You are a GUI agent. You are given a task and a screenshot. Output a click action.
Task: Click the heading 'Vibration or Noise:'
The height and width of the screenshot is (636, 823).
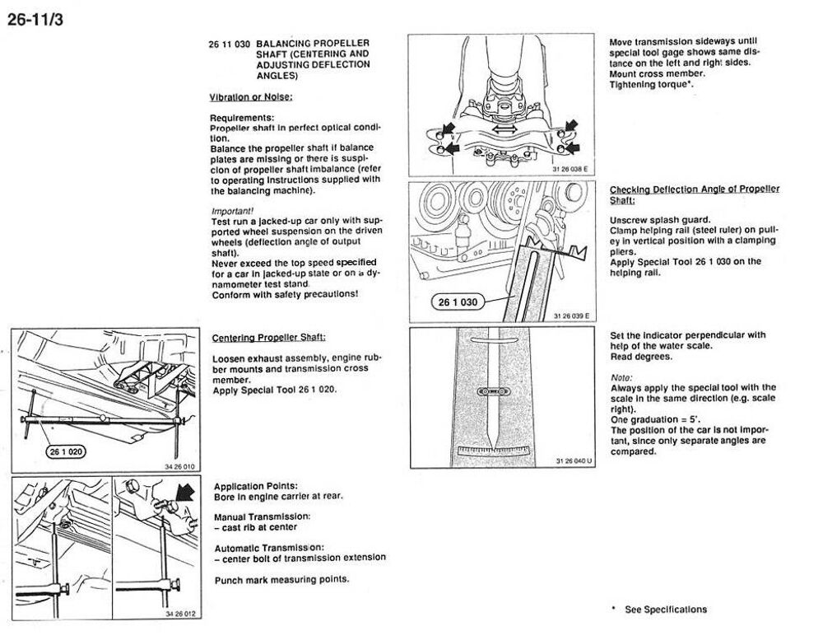(x=251, y=97)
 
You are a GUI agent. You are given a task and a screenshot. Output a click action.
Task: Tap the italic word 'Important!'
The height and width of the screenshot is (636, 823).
(x=232, y=211)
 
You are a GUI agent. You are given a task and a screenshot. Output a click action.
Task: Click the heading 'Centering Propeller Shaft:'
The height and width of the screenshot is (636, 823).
(x=269, y=338)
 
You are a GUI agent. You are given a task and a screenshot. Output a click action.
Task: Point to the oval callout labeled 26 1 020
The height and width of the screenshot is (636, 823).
(x=62, y=451)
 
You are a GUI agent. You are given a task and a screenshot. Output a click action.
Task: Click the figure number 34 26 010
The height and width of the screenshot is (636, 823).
(x=180, y=466)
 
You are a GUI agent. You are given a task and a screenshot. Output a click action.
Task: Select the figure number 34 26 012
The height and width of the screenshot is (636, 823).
(x=180, y=614)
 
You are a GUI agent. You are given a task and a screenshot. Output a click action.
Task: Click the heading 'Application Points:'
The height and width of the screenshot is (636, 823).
(x=256, y=486)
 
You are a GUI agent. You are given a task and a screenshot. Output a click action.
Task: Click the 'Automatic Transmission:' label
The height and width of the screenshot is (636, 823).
(x=269, y=547)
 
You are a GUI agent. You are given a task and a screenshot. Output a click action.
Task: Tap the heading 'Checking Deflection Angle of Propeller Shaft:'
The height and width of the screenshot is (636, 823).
(x=694, y=194)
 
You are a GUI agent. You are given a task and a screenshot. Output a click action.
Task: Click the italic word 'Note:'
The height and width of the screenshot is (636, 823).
(x=621, y=377)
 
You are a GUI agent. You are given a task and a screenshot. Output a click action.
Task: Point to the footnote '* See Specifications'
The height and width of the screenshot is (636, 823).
(x=659, y=610)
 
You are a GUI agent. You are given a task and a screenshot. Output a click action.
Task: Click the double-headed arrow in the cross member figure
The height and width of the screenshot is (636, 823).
(x=504, y=129)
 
